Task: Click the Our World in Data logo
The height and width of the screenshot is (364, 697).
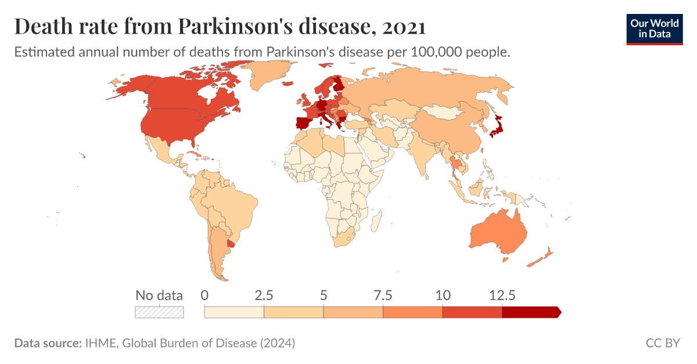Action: point(654,28)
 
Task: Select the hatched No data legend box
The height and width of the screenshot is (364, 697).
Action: point(159,312)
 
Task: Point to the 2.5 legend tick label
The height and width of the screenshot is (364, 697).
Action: point(264,295)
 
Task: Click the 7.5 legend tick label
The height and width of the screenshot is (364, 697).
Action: point(383,295)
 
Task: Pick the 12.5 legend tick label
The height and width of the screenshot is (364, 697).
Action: point(502,295)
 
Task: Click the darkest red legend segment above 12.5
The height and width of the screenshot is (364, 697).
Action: point(530,312)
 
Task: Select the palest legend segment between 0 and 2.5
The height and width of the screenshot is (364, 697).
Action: point(234,312)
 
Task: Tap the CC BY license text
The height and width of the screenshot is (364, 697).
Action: point(663,343)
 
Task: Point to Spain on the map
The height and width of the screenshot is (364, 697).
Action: point(301,124)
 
